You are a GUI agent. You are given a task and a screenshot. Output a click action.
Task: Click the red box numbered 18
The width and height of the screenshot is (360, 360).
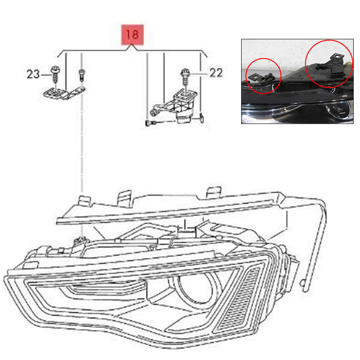coord(132,35)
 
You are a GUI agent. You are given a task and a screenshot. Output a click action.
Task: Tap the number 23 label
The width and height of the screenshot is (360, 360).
coord(33,74)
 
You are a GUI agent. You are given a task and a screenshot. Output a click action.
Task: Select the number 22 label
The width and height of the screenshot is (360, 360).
coord(216,73)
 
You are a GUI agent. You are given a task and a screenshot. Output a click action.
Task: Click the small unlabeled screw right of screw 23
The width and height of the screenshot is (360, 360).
coord(81,75)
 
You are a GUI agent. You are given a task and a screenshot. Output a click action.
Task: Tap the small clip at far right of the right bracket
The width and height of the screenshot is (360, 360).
coord(202,117)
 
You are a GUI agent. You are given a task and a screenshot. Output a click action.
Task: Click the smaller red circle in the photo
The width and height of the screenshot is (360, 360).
coord(263,76)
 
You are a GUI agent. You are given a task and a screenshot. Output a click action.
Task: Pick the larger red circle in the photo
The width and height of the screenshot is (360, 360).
coord(329,63)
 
